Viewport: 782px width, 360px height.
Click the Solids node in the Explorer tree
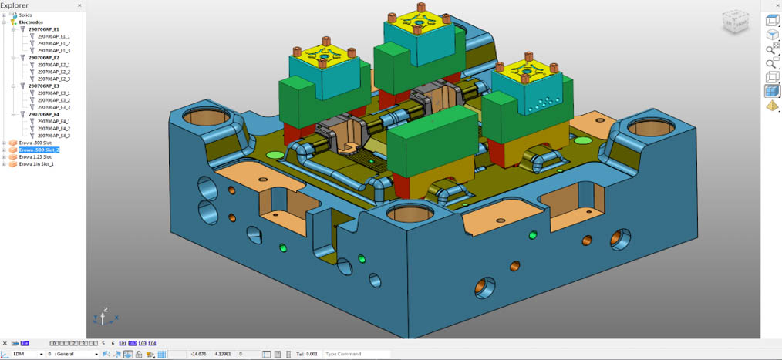click(25, 15)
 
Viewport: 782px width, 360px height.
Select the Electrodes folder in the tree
click(31, 22)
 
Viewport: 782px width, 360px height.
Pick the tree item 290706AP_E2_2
click(54, 72)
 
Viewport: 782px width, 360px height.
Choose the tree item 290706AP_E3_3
click(54, 107)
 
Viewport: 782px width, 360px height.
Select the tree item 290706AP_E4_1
click(54, 121)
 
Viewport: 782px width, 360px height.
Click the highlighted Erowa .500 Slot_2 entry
click(39, 150)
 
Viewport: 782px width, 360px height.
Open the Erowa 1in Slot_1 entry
click(36, 163)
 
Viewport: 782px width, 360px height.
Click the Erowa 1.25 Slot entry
click(35, 156)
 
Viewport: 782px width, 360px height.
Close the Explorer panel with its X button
click(79, 5)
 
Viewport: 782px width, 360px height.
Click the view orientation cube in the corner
click(733, 23)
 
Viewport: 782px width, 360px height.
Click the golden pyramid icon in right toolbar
click(772, 106)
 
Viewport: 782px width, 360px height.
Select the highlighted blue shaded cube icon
click(772, 91)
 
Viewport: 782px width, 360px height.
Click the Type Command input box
click(356, 354)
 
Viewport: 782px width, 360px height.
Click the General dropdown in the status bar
click(73, 354)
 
